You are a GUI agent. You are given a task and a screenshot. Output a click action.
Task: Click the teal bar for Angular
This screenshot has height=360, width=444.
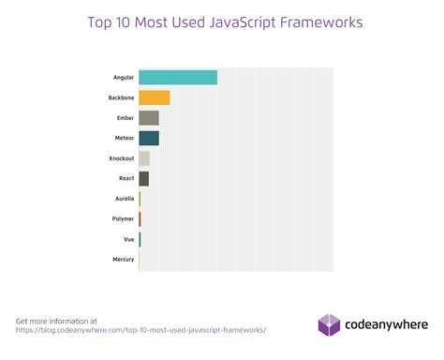pyautogui.click(x=178, y=77)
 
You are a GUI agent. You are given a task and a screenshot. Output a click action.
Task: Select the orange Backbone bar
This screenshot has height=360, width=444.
pyautogui.click(x=154, y=97)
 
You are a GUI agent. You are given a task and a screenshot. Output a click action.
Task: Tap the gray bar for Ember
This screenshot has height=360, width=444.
pyautogui.click(x=148, y=117)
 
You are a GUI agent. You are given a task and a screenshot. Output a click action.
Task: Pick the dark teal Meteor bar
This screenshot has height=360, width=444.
pyautogui.click(x=148, y=138)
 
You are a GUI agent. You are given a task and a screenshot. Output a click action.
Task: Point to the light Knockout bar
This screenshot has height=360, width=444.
pyautogui.click(x=143, y=157)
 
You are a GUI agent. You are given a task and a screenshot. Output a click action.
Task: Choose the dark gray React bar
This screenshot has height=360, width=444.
pyautogui.click(x=143, y=178)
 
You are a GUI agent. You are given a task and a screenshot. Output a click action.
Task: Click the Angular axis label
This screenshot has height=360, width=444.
pyautogui.click(x=122, y=77)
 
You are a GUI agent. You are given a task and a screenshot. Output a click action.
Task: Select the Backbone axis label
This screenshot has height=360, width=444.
pyautogui.click(x=121, y=97)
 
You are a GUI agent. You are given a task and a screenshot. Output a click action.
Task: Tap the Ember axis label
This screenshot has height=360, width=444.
pyautogui.click(x=124, y=117)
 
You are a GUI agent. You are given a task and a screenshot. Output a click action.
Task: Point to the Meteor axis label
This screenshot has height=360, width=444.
pyautogui.click(x=123, y=138)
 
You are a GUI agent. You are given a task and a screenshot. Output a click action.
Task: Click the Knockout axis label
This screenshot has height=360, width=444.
pyautogui.click(x=121, y=157)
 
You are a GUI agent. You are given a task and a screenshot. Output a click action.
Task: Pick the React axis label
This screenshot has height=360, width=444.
pyautogui.click(x=126, y=178)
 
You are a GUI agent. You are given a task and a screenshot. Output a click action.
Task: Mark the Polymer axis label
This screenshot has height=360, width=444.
pyautogui.click(x=123, y=218)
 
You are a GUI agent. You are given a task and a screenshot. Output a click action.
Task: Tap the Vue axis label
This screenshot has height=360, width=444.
pyautogui.click(x=128, y=239)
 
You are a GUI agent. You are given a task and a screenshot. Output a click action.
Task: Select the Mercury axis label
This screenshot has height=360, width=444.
pyautogui.click(x=123, y=259)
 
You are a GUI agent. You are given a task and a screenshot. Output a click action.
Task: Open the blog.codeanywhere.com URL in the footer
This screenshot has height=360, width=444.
pyautogui.click(x=141, y=330)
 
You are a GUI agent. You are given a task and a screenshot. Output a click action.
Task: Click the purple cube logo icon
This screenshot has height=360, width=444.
pyautogui.click(x=329, y=324)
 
